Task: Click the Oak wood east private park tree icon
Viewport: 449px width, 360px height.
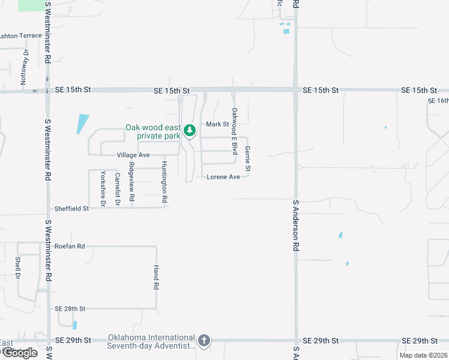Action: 190,130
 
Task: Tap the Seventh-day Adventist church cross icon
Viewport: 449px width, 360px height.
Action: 203,341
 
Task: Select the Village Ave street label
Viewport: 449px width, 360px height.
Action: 133,155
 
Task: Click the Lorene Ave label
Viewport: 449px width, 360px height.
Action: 223,177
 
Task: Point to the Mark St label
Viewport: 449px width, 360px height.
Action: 218,124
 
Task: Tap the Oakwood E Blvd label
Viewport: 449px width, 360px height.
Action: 235,128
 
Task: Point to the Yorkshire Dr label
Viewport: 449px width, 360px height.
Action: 103,190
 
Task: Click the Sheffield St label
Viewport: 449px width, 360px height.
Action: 71,209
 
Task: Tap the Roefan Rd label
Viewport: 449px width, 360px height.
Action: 70,246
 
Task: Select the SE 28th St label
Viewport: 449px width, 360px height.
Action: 70,308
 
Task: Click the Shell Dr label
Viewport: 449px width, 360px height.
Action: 17,268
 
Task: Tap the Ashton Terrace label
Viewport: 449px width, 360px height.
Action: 20,36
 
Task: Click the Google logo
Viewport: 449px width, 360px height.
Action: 19,352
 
